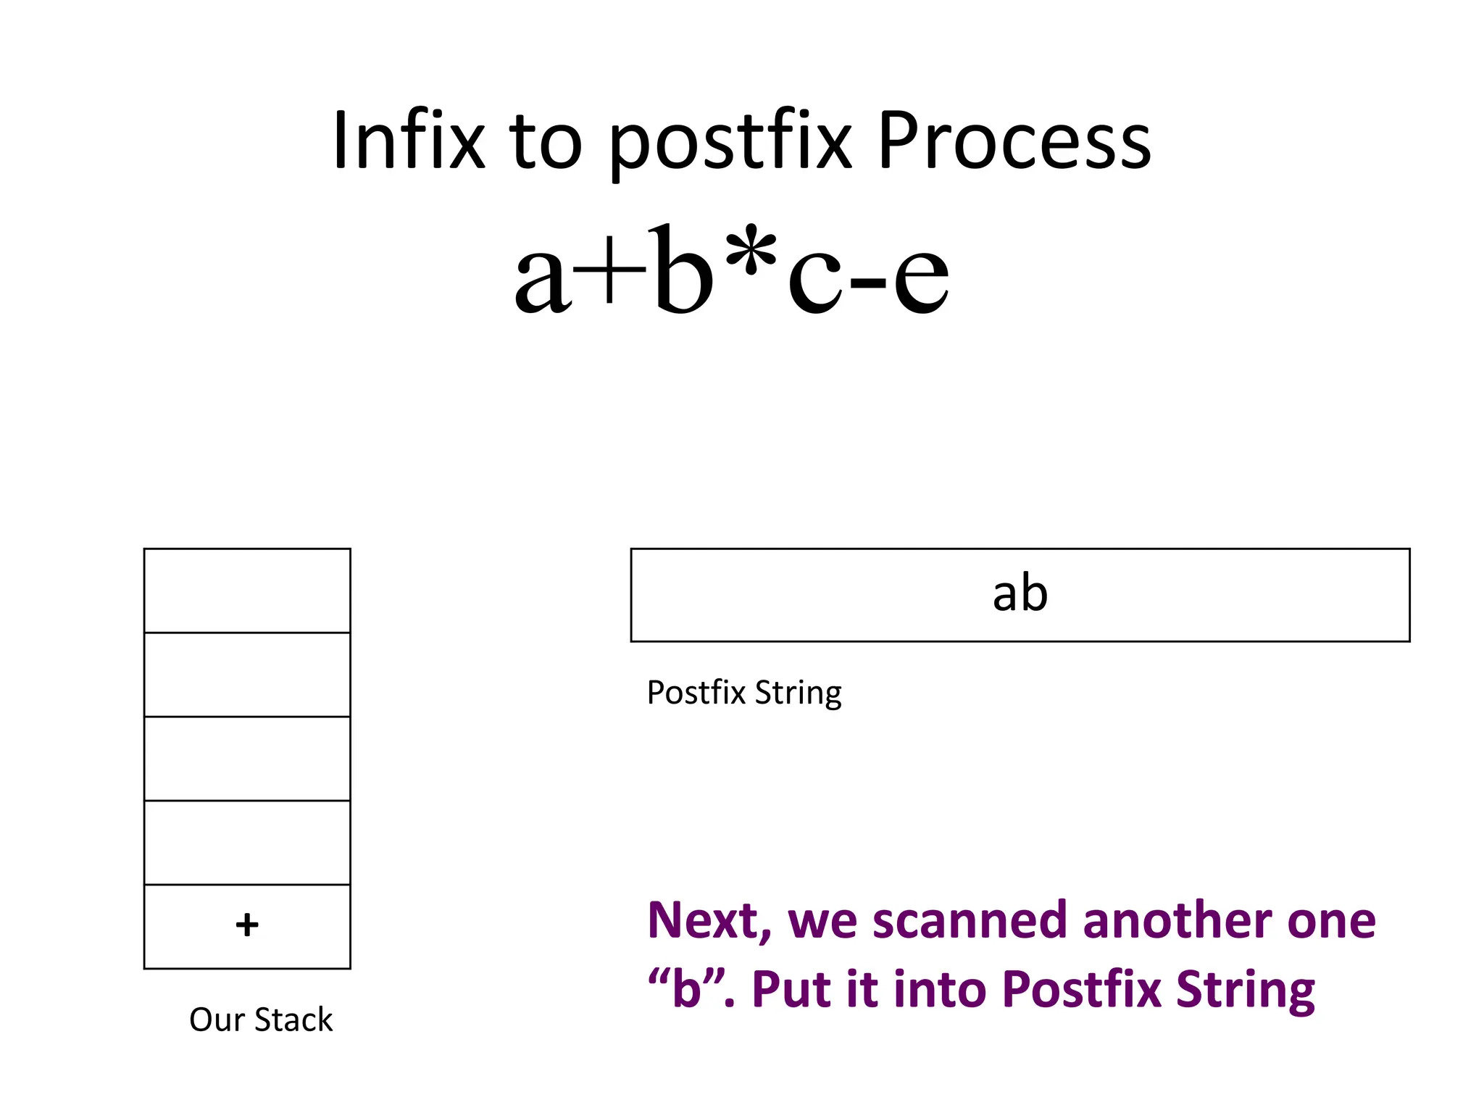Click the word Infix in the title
pyautogui.click(x=408, y=141)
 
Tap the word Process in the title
pyautogui.click(x=1014, y=141)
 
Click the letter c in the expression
pyautogui.click(x=815, y=279)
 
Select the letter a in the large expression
pyautogui.click(x=540, y=279)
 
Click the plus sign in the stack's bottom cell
pyautogui.click(x=247, y=925)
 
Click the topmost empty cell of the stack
pyautogui.click(x=247, y=591)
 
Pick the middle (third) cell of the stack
pyautogui.click(x=247, y=758)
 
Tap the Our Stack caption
pyautogui.click(x=261, y=1020)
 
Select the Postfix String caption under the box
pyautogui.click(x=744, y=693)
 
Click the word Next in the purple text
pyautogui.click(x=708, y=920)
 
